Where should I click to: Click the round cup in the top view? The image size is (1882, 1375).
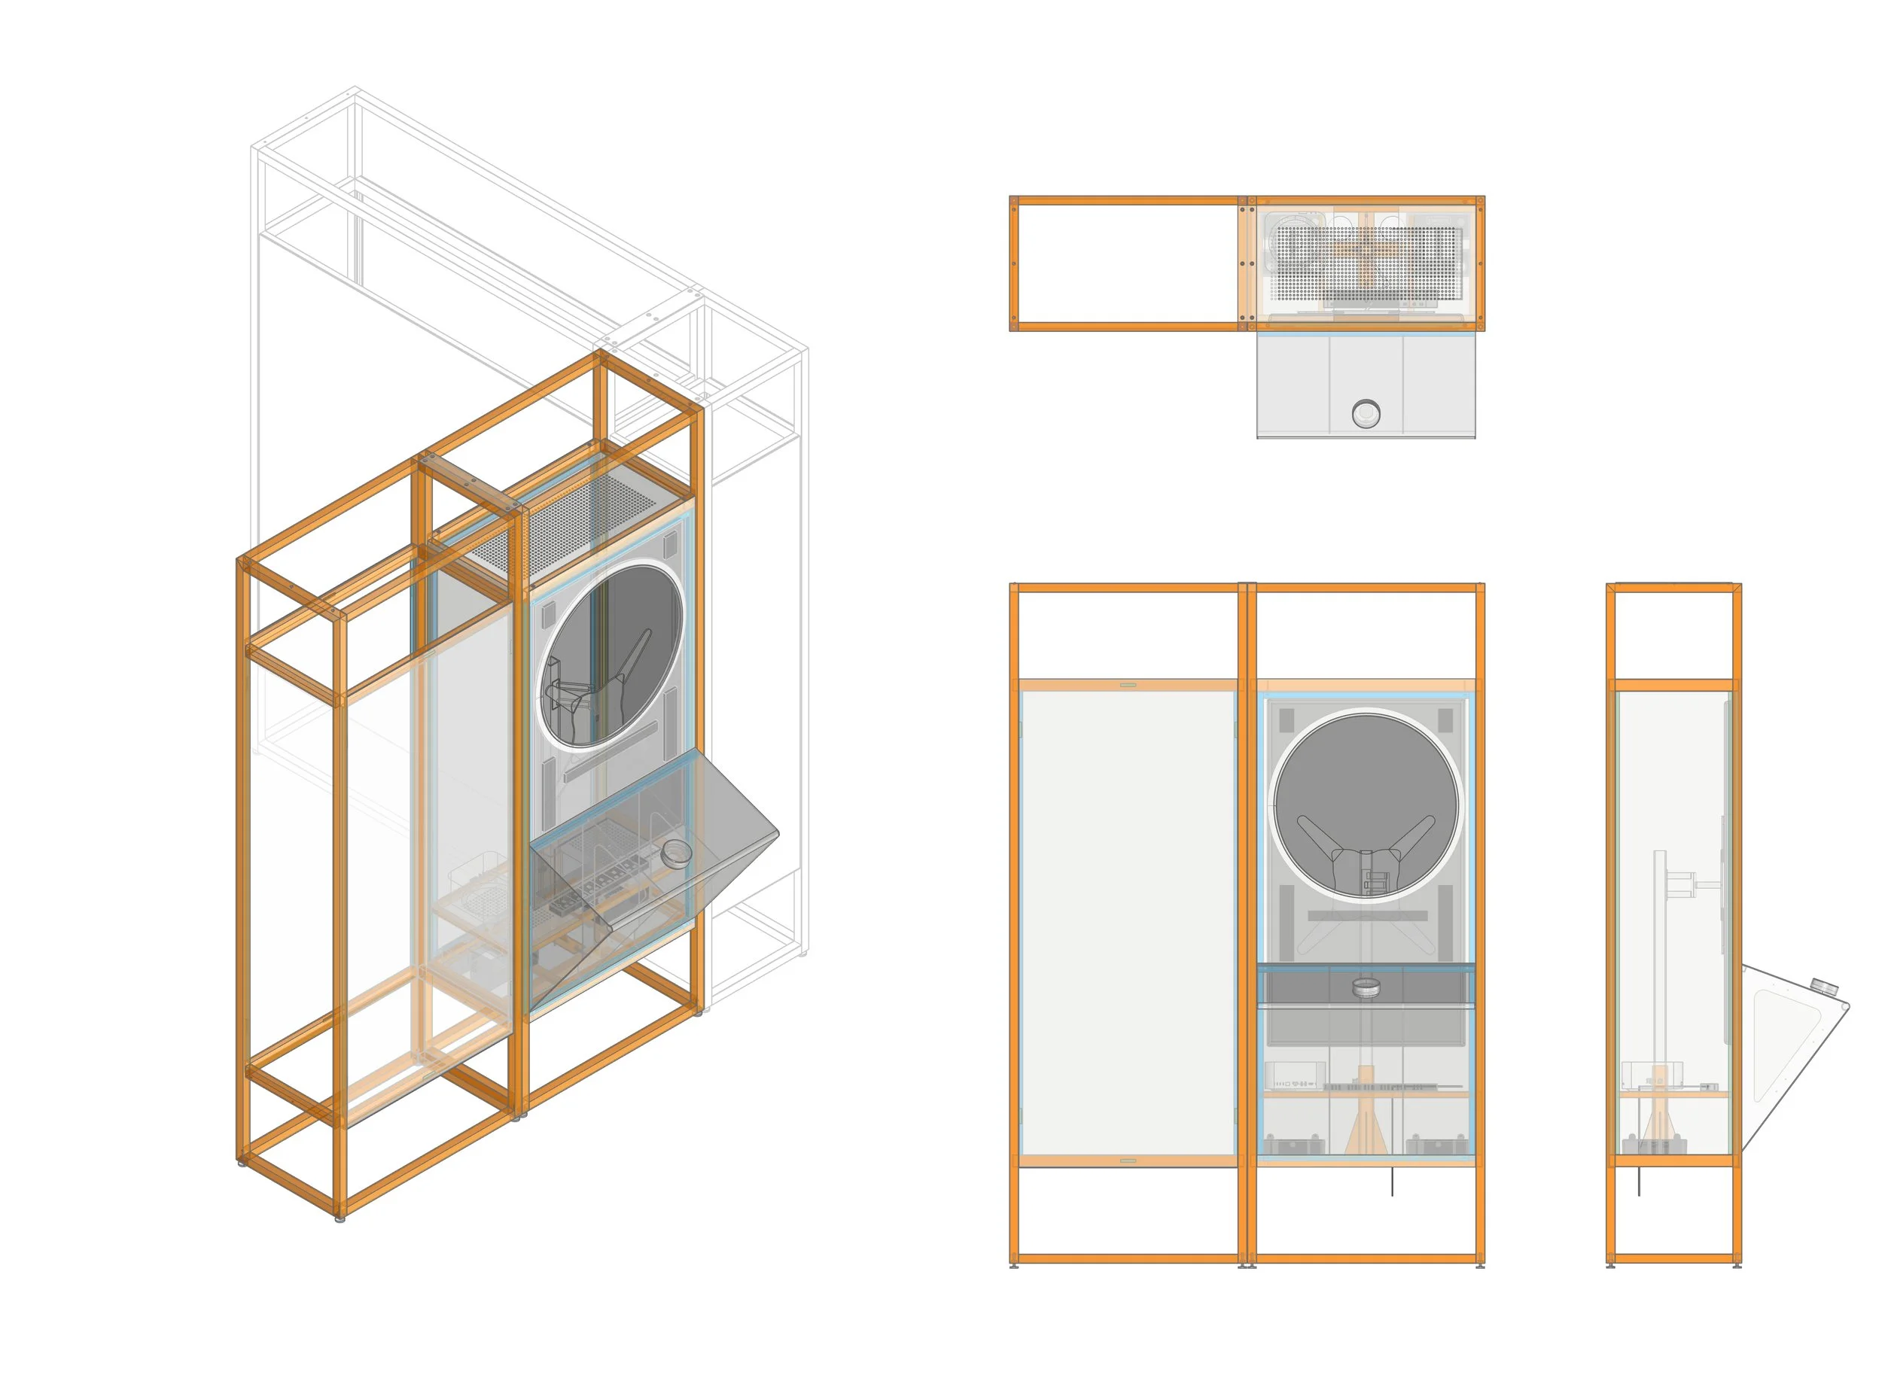tap(1365, 413)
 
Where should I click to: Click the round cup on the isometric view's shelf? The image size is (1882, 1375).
tap(676, 853)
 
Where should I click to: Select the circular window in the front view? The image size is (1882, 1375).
tap(1365, 805)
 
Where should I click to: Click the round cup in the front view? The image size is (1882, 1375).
tap(1365, 987)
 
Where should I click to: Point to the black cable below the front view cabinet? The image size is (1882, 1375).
tap(1393, 1181)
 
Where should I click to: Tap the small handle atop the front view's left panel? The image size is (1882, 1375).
tap(1128, 685)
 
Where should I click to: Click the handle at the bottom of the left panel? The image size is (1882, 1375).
tap(1128, 1160)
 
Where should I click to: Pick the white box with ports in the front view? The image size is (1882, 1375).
tap(1293, 1075)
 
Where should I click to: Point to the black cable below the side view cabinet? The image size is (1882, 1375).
tap(1639, 1181)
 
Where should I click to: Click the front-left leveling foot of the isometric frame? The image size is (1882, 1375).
tap(340, 1218)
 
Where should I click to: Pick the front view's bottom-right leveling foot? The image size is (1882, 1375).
tap(1479, 1266)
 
